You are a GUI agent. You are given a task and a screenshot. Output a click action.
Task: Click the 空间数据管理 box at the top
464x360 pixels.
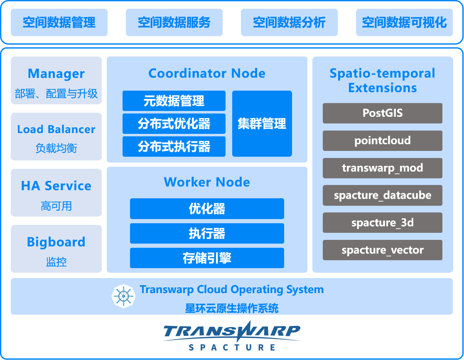(59, 22)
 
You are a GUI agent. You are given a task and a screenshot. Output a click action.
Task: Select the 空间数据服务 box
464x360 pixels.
(174, 22)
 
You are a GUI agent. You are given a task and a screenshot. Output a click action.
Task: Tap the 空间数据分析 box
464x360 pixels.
(289, 22)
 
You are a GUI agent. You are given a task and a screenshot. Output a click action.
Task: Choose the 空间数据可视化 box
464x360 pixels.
(404, 22)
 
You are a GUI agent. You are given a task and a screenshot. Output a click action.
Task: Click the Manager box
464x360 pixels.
(56, 81)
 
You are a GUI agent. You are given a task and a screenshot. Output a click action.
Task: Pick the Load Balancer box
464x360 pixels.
(56, 136)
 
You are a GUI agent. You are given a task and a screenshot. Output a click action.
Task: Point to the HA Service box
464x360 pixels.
(56, 192)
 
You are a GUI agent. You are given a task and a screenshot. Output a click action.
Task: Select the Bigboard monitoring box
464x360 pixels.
(56, 249)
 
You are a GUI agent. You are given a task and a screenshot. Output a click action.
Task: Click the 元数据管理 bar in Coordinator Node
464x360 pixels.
(174, 101)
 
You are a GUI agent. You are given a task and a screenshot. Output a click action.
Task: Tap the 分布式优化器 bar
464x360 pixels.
(174, 123)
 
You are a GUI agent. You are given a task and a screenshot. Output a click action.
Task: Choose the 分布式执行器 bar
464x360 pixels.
(174, 146)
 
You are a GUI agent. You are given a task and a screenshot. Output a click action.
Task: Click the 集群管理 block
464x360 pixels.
(262, 123)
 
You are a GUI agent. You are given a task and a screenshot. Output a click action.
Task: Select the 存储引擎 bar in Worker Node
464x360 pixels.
(207, 258)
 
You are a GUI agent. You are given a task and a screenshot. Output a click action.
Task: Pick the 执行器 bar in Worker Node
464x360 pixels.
(207, 233)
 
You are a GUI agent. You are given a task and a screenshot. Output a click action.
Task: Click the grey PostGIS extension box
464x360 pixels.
(382, 113)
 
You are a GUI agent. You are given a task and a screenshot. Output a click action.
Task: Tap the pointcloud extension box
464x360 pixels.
(382, 141)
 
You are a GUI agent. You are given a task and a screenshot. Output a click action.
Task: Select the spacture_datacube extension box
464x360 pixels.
(382, 195)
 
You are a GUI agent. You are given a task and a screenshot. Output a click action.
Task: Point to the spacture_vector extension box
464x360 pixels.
(382, 250)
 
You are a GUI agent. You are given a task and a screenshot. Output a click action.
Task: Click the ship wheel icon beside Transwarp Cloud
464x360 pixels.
(124, 296)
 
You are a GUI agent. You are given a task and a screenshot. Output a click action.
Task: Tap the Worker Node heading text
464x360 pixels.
(207, 182)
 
